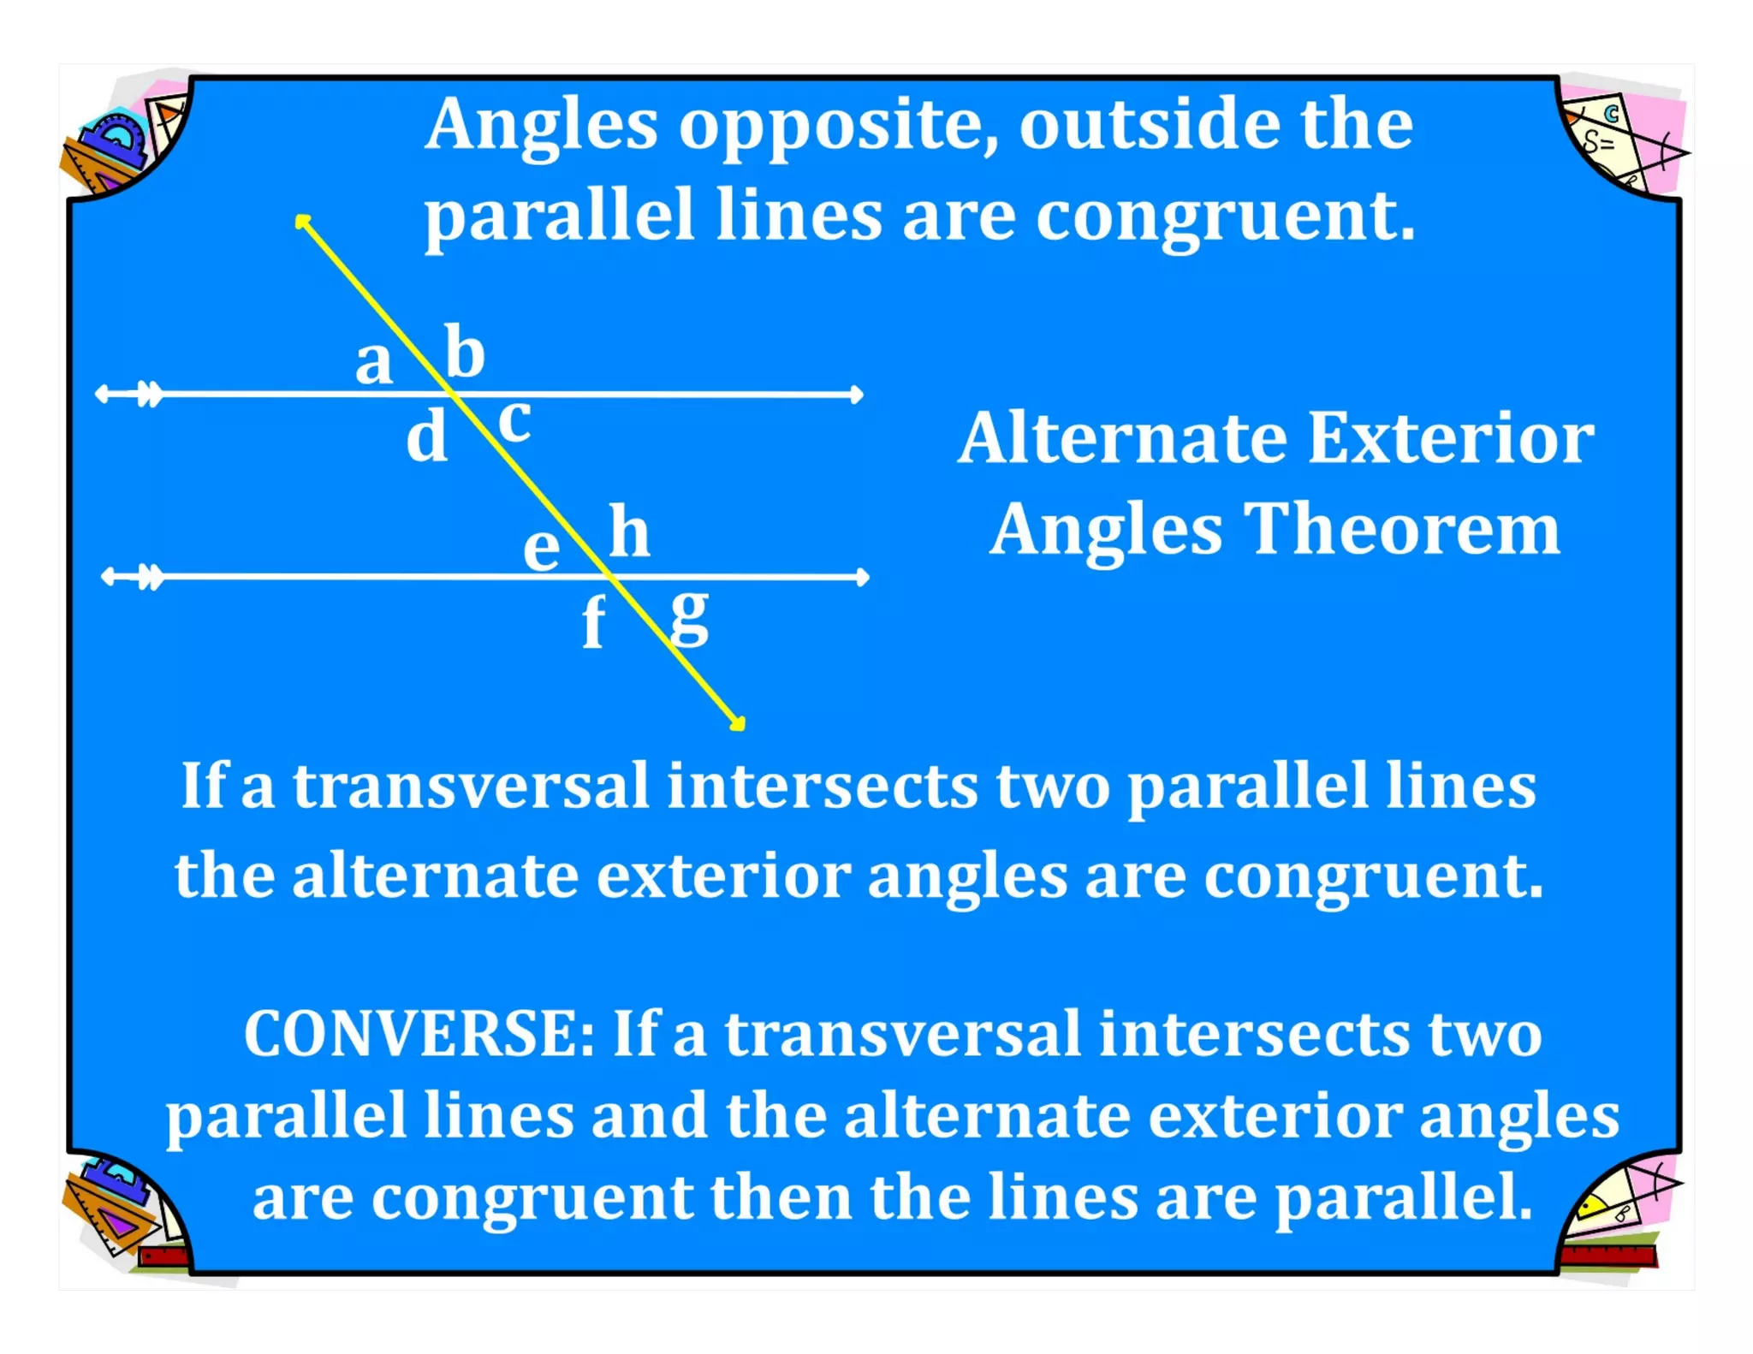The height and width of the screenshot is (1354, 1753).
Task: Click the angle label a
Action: [374, 362]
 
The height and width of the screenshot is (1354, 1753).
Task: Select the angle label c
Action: [514, 421]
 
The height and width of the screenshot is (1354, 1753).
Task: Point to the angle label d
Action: [426, 436]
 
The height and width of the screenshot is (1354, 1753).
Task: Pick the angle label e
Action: [541, 548]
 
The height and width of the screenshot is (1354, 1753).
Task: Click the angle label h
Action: [629, 532]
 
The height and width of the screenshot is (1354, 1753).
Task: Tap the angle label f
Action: [593, 622]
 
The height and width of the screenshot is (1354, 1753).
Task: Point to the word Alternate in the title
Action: [1122, 438]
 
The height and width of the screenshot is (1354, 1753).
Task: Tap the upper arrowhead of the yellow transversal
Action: [302, 222]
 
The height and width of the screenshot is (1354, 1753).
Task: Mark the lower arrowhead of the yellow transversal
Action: [738, 724]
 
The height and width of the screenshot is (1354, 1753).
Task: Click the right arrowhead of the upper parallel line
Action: [856, 395]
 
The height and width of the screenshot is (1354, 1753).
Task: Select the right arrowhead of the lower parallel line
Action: [862, 578]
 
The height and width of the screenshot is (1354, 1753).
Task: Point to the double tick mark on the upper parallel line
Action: [150, 395]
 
